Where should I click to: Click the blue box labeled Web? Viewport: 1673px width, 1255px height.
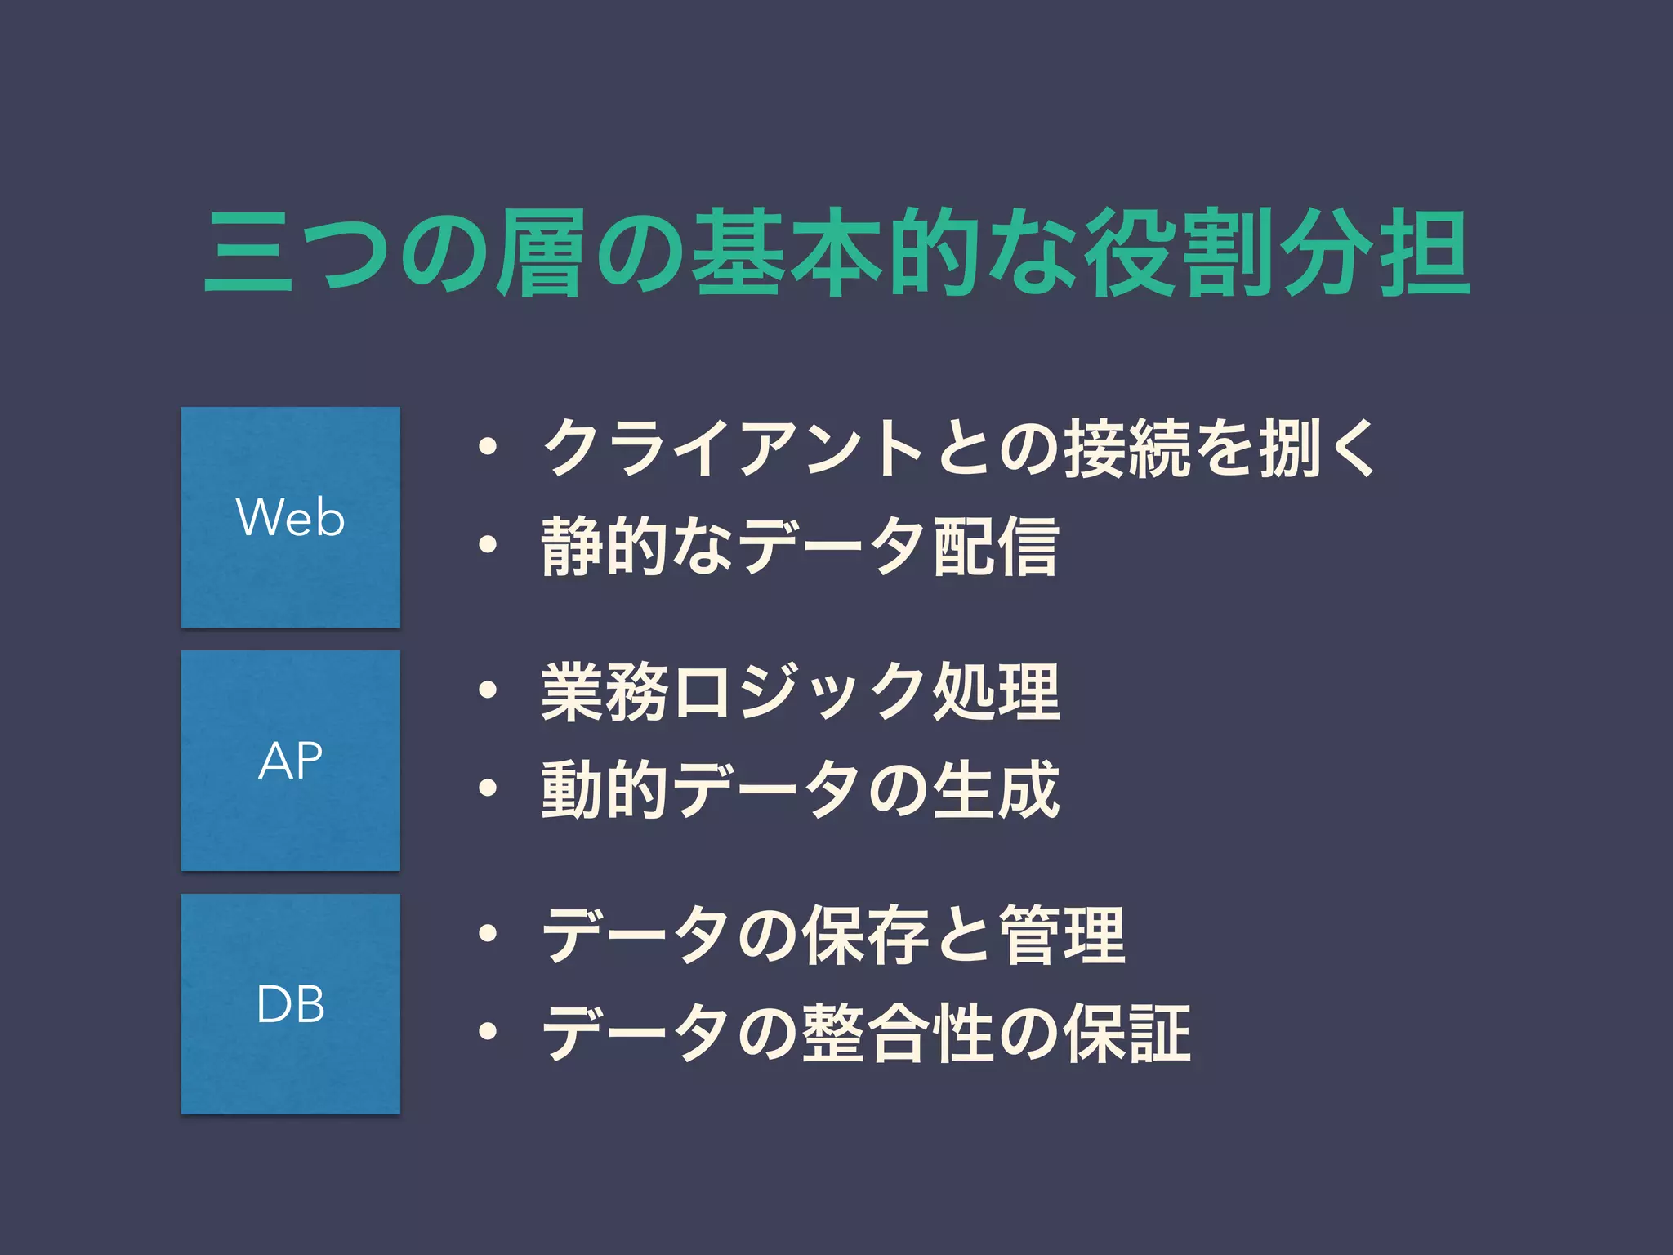tap(290, 517)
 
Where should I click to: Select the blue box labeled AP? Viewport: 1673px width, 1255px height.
tap(290, 761)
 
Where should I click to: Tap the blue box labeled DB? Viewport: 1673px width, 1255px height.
tap(290, 1004)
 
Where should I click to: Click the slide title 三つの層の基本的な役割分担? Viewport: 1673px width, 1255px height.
tap(836, 253)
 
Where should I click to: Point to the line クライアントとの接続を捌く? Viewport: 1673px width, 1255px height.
tap(959, 449)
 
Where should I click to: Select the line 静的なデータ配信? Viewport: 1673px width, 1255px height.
tap(800, 546)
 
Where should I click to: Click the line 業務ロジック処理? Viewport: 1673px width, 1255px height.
tap(800, 692)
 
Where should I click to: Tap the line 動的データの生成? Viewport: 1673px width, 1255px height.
tap(800, 789)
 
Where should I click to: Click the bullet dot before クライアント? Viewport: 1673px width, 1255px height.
tap(488, 449)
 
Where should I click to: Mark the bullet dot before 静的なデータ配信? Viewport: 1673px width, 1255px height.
tap(488, 546)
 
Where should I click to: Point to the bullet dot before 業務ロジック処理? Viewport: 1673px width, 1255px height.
tap(488, 692)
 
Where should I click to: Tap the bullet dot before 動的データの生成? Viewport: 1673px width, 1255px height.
tap(488, 789)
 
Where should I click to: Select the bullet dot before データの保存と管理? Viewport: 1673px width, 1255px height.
tap(488, 936)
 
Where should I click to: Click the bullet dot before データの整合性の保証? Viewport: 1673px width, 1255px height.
tap(488, 1033)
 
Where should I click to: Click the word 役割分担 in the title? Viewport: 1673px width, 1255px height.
tap(1278, 253)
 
